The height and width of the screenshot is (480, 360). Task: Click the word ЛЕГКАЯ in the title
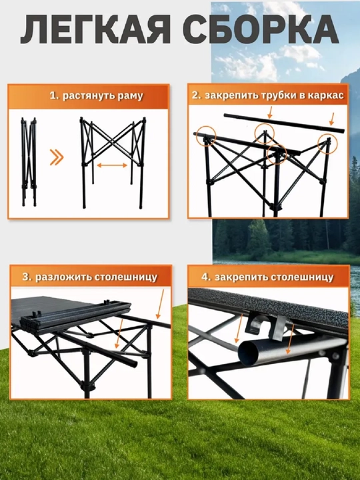pyautogui.click(x=95, y=29)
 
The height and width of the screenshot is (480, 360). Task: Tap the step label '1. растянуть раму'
pyautogui.click(x=97, y=96)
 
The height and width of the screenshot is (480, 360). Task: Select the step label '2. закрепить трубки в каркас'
pyautogui.click(x=268, y=95)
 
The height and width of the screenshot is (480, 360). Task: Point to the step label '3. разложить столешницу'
pyautogui.click(x=90, y=277)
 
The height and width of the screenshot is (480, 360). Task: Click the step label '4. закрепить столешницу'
pyautogui.click(x=267, y=277)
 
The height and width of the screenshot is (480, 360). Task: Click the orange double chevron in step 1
pyautogui.click(x=57, y=158)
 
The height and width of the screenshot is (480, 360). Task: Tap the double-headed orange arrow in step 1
pyautogui.click(x=112, y=165)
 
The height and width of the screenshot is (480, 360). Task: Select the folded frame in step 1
pyautogui.click(x=29, y=161)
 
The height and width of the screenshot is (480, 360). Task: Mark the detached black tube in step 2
pyautogui.click(x=284, y=123)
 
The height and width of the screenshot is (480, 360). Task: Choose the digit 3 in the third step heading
pyautogui.click(x=26, y=277)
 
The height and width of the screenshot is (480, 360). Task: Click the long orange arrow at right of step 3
pyautogui.click(x=160, y=304)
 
